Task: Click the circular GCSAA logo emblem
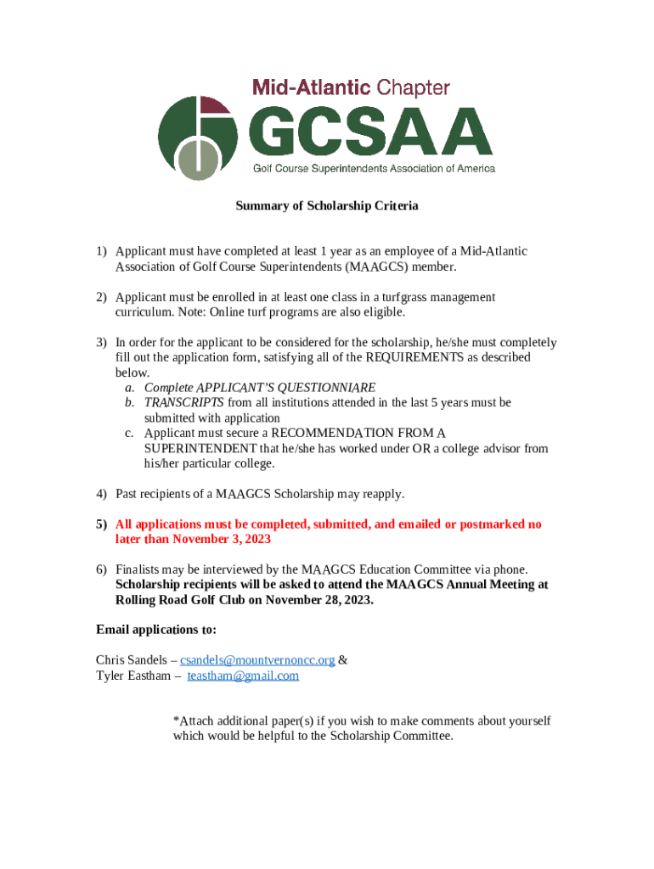(x=197, y=137)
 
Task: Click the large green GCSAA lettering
(x=370, y=132)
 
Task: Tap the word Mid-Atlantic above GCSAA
(x=311, y=87)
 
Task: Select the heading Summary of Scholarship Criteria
(x=327, y=206)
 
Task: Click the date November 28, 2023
(x=320, y=599)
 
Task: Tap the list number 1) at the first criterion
(x=101, y=251)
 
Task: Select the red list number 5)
(x=101, y=524)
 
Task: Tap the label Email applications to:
(x=156, y=630)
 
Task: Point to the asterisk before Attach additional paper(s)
(x=176, y=721)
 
